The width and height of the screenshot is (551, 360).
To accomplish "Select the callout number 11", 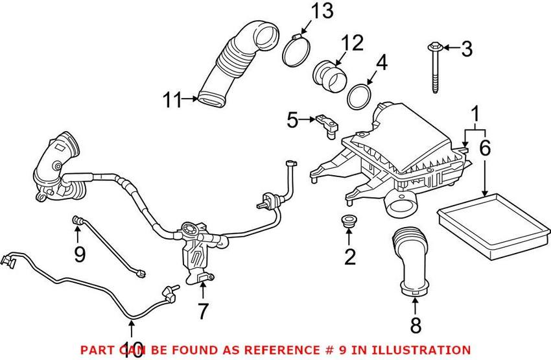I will pyautogui.click(x=172, y=100).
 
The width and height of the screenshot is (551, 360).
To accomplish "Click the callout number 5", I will pyautogui.click(x=294, y=120).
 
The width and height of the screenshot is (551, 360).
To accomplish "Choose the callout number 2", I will pyautogui.click(x=350, y=257).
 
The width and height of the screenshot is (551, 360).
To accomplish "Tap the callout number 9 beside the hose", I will pyautogui.click(x=80, y=254).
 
